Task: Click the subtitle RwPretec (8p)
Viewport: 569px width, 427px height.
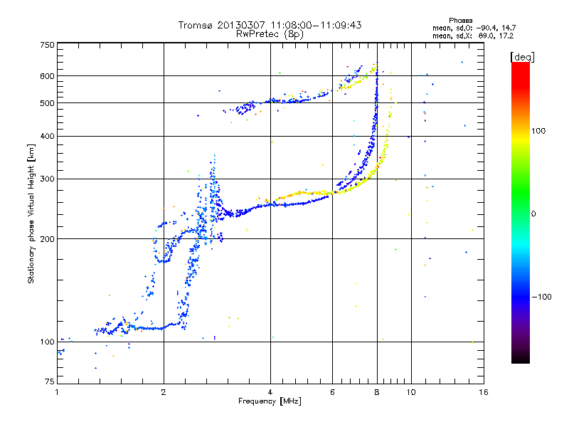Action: pyautogui.click(x=270, y=33)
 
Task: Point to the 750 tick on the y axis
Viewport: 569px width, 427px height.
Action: pyautogui.click(x=46, y=45)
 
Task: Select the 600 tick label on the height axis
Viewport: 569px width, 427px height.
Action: pyautogui.click(x=46, y=76)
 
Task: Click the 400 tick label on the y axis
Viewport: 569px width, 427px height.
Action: pyautogui.click(x=46, y=136)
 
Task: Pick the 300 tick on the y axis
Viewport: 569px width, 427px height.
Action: pyautogui.click(x=46, y=179)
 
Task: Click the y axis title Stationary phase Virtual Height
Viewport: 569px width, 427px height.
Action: pyautogui.click(x=31, y=213)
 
